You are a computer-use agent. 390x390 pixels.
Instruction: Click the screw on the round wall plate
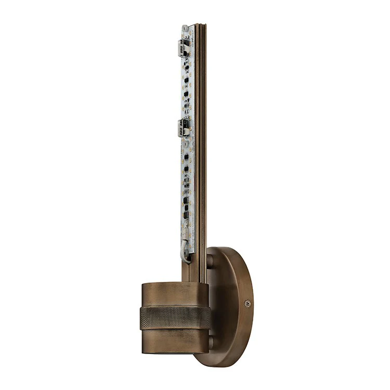(x=248, y=303)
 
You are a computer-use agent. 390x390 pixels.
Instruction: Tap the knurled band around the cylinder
(x=175, y=317)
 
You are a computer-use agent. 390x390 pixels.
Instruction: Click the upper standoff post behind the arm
(x=210, y=261)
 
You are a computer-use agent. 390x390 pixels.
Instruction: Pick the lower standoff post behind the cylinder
(x=211, y=343)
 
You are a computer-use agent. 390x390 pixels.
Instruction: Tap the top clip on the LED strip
(x=183, y=48)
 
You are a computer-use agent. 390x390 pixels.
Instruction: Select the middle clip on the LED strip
(x=183, y=126)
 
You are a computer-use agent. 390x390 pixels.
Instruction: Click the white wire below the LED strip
(x=184, y=252)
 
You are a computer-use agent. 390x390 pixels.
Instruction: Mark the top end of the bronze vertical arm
(x=201, y=25)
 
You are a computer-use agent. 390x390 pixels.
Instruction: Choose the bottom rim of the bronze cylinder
(x=175, y=352)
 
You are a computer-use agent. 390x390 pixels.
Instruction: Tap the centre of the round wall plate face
(x=231, y=307)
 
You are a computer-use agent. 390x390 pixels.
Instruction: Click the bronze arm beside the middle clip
(x=201, y=126)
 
